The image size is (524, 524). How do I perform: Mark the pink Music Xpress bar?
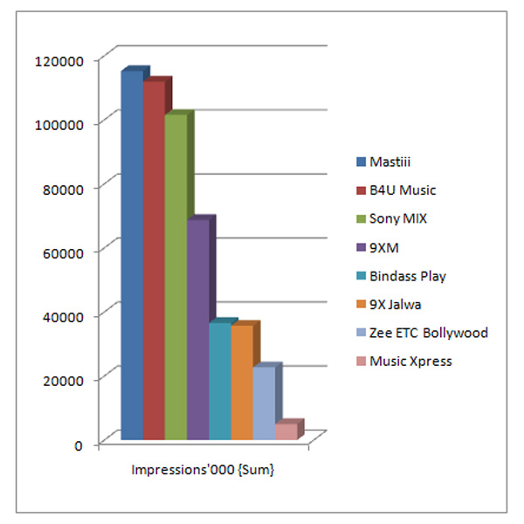286,431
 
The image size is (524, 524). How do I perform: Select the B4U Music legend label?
403,190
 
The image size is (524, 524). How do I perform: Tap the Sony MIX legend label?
398,218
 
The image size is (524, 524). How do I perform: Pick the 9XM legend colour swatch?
360,247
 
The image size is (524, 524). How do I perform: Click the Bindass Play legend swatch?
360,276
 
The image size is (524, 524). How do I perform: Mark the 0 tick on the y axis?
78,445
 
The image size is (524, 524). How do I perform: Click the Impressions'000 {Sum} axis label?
203,470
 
